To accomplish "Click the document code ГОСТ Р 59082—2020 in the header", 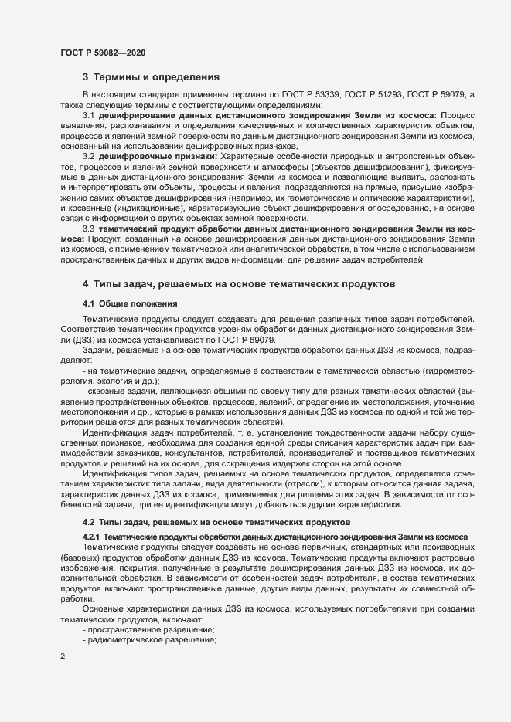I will [102, 52].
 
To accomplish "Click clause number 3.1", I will [88, 114].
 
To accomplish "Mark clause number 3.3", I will [88, 229].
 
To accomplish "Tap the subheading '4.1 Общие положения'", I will [130, 304].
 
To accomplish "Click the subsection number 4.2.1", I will [91, 536].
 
